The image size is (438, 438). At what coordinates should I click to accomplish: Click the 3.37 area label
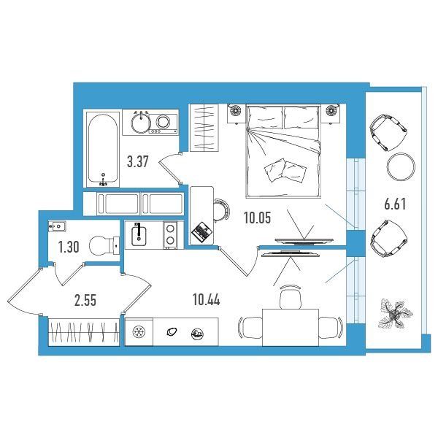click(137, 162)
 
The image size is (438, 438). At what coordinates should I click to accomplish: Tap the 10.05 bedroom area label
click(257, 218)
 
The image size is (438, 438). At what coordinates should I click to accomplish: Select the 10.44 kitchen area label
click(206, 300)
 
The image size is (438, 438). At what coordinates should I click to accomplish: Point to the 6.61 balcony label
click(395, 204)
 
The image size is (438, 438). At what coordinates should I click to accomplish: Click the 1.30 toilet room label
click(69, 247)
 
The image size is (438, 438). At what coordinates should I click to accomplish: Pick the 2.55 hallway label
click(85, 301)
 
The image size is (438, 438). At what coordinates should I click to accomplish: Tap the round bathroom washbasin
click(141, 122)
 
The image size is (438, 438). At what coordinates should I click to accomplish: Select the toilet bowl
click(104, 245)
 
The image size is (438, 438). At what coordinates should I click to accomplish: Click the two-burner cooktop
click(170, 234)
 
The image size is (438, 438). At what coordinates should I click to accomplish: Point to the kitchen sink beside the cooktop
click(139, 234)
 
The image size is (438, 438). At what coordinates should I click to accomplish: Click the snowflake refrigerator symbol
click(139, 332)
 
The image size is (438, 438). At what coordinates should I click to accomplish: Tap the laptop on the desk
click(201, 231)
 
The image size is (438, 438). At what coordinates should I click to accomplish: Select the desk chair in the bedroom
click(222, 210)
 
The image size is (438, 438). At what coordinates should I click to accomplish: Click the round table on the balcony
click(401, 166)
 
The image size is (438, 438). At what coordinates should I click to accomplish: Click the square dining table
click(291, 327)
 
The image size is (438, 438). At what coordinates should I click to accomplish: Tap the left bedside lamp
click(236, 110)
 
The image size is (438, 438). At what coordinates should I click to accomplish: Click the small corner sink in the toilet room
click(57, 226)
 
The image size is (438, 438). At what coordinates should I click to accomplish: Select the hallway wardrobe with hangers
click(84, 332)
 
